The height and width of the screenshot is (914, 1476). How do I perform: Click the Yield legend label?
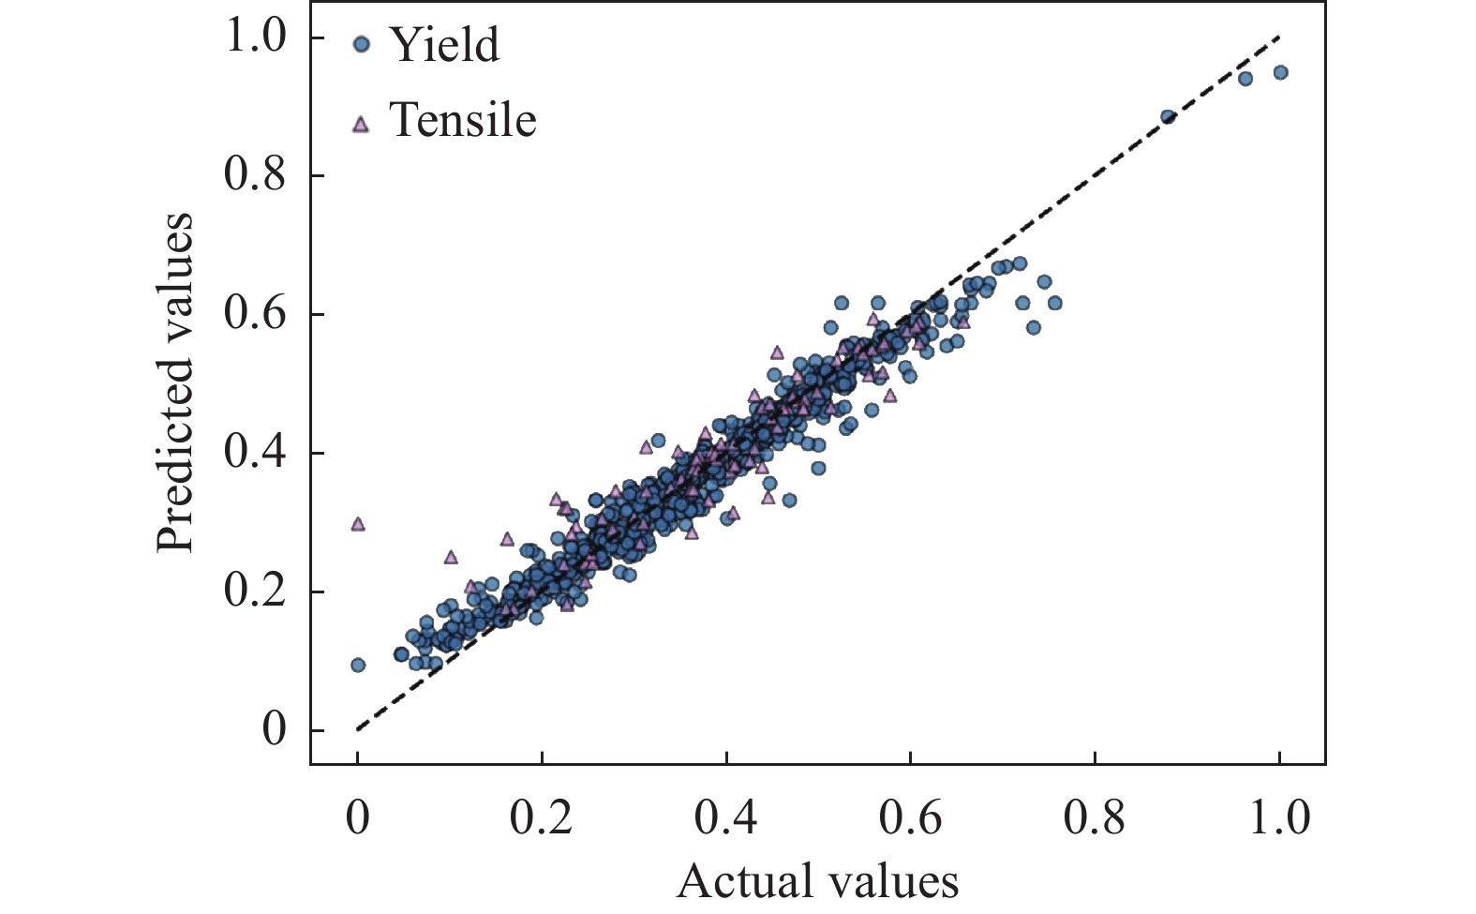point(443,45)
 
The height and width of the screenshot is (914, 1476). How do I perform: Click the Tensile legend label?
point(462,120)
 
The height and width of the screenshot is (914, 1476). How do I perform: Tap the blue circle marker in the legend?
point(362,44)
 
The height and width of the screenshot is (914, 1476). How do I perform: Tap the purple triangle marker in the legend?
point(361,123)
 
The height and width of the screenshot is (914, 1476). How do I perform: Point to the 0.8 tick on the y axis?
point(255,175)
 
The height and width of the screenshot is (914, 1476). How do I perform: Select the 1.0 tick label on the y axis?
point(255,37)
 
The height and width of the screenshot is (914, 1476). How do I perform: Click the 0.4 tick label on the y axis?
point(255,453)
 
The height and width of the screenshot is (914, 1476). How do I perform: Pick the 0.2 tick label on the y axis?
point(255,592)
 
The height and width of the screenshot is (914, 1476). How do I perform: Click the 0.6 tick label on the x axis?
point(909,817)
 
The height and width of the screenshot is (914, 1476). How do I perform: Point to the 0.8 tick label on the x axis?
point(1094,817)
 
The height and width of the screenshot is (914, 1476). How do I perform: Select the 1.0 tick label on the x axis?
point(1279,817)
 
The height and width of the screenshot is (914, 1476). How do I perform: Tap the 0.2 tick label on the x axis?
point(541,817)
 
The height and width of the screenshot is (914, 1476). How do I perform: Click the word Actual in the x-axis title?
point(731,881)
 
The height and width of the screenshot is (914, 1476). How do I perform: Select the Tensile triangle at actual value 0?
point(357,524)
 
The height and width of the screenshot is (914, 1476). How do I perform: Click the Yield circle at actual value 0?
point(357,665)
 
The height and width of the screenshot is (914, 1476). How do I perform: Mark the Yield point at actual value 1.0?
point(1280,72)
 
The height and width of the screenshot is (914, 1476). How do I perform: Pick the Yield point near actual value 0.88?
point(1168,117)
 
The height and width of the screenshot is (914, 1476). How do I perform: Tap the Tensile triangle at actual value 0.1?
point(451,557)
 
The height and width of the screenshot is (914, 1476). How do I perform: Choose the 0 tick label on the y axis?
point(274,730)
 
